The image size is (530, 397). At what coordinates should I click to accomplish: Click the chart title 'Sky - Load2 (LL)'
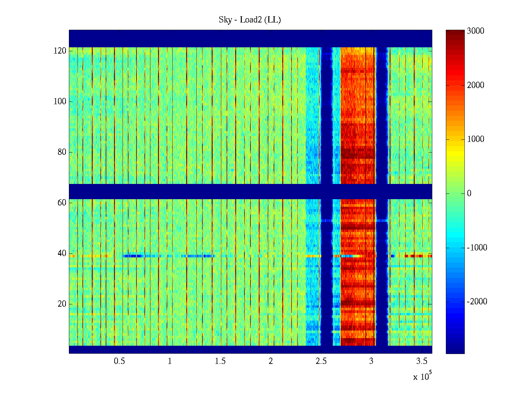(250, 20)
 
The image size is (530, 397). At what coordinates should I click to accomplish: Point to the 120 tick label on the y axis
(60, 51)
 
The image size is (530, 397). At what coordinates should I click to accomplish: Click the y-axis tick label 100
(60, 102)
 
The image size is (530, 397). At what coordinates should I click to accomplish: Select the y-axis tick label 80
(62, 152)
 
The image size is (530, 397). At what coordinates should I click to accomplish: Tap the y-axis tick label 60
(62, 203)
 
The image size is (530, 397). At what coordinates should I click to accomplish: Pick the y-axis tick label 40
(62, 253)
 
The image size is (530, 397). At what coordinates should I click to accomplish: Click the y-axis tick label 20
(62, 304)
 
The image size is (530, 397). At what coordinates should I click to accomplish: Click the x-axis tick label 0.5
(120, 361)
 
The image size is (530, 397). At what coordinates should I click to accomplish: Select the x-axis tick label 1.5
(220, 361)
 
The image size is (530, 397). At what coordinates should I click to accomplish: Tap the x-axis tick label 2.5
(321, 361)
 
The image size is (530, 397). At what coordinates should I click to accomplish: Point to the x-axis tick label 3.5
(422, 361)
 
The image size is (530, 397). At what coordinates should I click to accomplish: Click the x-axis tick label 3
(371, 361)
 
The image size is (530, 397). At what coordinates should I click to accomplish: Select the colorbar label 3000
(476, 31)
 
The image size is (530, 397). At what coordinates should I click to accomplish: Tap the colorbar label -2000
(477, 302)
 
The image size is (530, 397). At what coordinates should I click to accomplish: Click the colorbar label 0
(469, 194)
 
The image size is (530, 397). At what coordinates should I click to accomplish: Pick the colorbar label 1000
(476, 139)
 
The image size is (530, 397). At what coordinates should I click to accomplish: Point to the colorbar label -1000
(477, 248)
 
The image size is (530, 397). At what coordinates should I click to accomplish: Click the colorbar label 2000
(476, 85)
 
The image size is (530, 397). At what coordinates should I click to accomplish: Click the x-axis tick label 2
(271, 361)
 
